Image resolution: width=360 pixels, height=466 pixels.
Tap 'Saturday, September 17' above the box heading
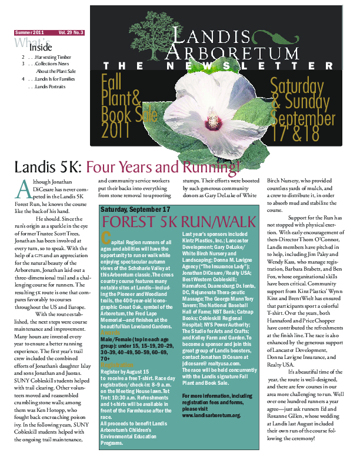[x=136, y=209]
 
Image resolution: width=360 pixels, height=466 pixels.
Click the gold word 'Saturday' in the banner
[x=296, y=85]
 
